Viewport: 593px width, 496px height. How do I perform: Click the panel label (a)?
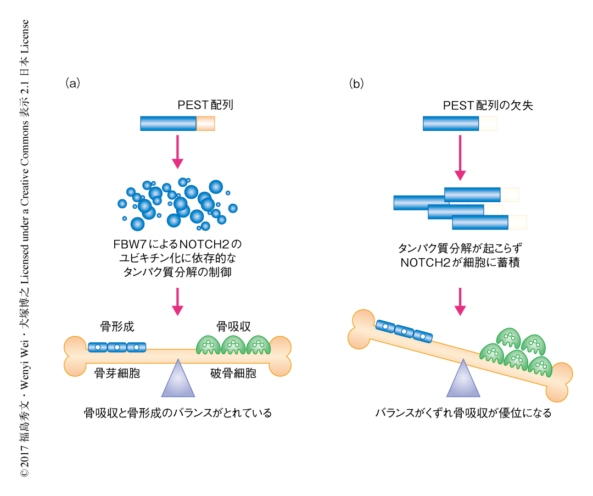coord(72,83)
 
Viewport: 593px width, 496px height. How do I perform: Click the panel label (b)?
coord(356,83)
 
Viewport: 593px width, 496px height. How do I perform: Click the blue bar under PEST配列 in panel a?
coord(168,124)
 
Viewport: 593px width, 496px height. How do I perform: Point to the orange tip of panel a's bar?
coord(205,124)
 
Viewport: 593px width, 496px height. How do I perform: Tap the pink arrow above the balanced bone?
coord(177,301)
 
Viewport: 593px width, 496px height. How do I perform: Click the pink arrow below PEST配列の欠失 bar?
coord(460,158)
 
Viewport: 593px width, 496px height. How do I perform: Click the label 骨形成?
coord(117,327)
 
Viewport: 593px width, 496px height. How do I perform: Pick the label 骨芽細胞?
coord(117,374)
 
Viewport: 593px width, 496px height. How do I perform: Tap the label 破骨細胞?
coord(233,374)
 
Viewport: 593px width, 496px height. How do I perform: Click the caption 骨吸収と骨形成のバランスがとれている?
coord(177,413)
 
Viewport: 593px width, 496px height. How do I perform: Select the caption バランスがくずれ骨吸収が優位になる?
coord(463,413)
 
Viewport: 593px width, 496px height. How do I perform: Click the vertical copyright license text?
coord(25,247)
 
